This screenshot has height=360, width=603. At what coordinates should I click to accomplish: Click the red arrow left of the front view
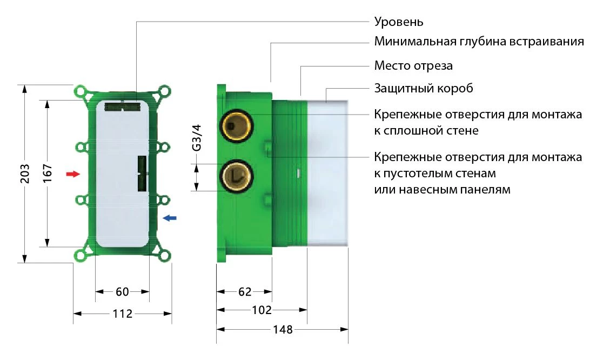click(72, 174)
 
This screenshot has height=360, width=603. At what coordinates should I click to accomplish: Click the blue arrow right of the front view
click(169, 218)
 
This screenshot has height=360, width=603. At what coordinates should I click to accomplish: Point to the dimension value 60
click(122, 292)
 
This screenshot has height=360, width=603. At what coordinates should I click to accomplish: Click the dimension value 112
click(123, 314)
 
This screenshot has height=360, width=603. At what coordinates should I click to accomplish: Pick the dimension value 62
click(245, 292)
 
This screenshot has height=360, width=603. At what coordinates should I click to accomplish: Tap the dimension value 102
click(262, 310)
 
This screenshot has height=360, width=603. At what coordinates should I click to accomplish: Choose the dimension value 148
click(282, 329)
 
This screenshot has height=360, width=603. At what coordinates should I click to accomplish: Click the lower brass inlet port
click(235, 176)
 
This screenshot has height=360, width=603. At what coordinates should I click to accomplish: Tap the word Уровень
click(399, 22)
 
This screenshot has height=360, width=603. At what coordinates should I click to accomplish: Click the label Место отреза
click(413, 66)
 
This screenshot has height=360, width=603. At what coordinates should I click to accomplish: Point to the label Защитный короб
click(424, 88)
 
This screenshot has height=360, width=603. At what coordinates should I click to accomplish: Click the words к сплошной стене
click(426, 131)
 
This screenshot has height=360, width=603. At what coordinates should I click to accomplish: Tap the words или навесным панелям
click(442, 190)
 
